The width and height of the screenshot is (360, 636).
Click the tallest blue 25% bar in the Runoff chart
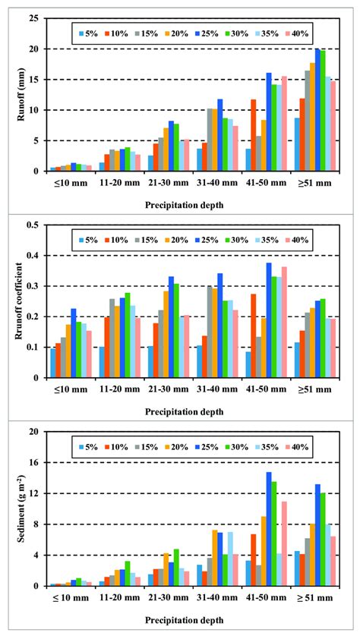pos(317,110)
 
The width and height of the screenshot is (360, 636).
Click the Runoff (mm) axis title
pos(12,95)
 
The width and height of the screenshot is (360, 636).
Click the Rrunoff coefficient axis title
pos(12,301)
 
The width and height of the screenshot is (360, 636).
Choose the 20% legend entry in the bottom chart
pos(176,447)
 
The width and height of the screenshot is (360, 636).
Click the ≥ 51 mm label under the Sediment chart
pos(311,597)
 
